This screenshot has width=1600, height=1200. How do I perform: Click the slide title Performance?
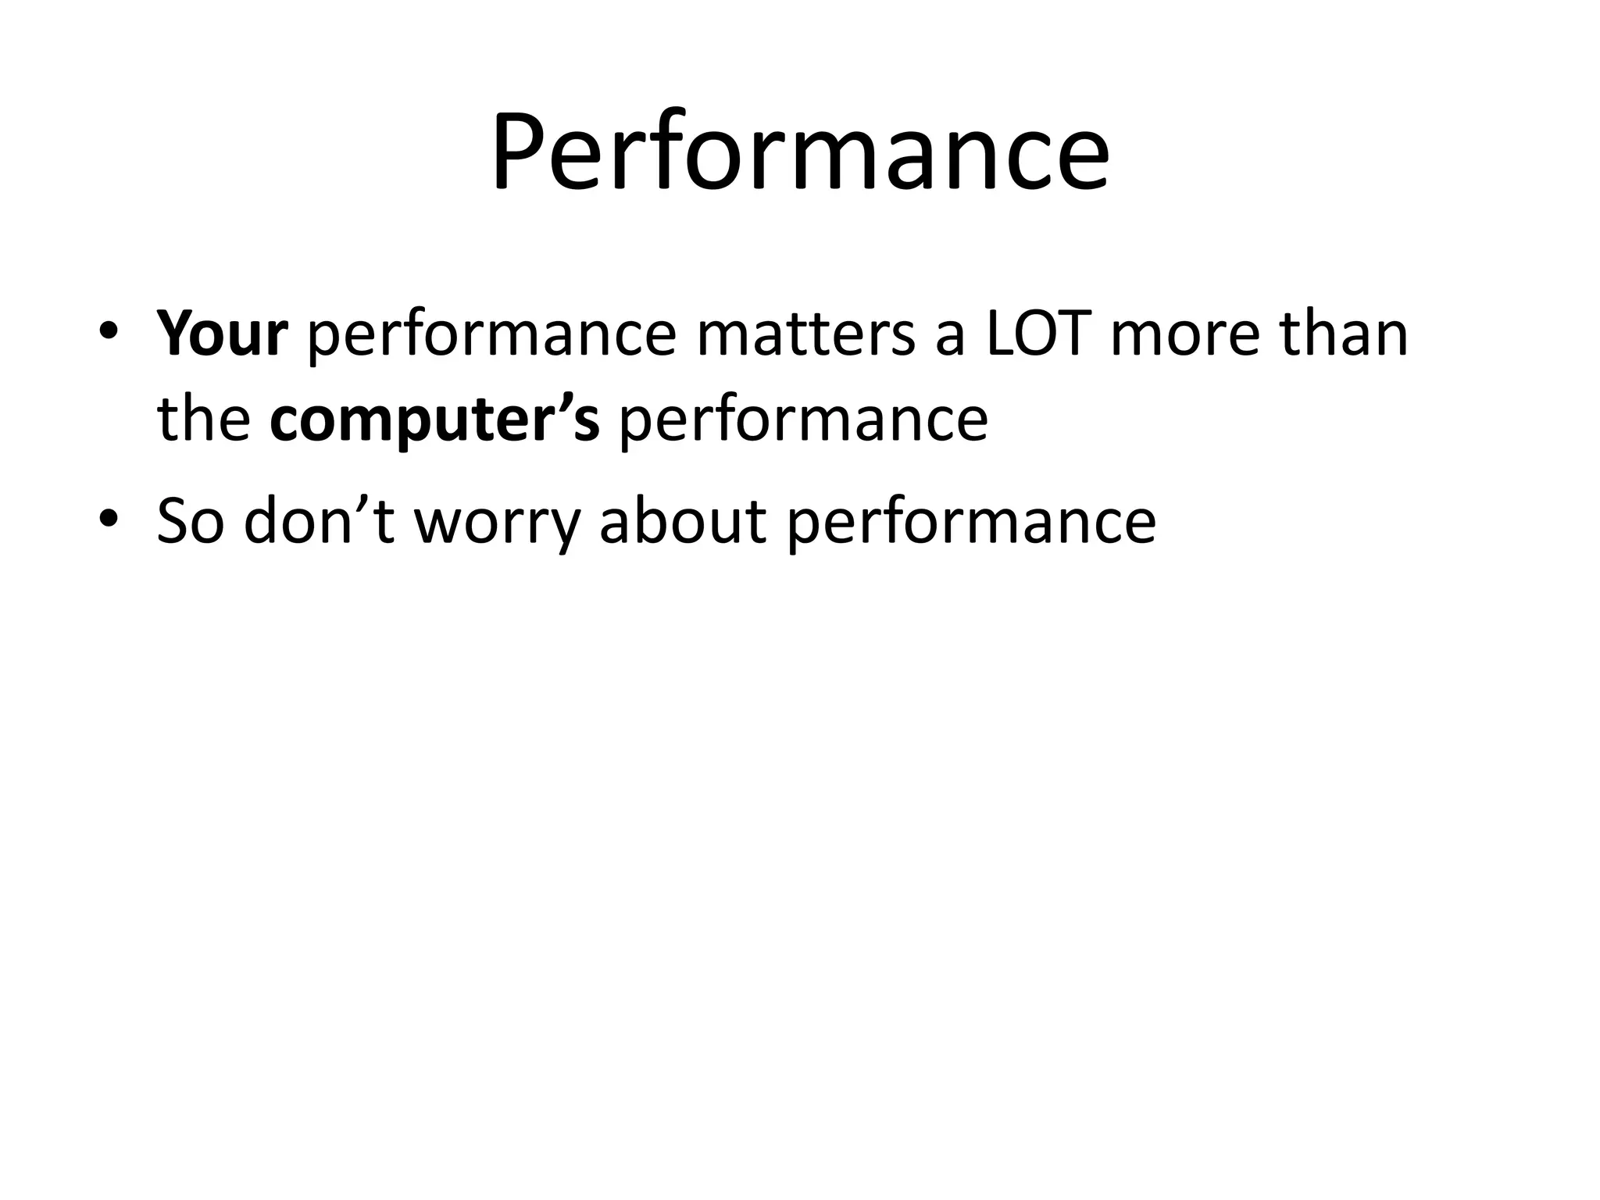point(800,152)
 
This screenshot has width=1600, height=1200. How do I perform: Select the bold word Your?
point(223,334)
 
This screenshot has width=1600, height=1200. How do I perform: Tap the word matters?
point(805,334)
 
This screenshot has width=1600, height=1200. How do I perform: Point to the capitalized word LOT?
point(1038,334)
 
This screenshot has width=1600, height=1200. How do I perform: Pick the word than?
point(1343,334)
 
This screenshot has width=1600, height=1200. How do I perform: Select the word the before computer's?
point(204,420)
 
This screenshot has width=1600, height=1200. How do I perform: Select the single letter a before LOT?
point(950,337)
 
